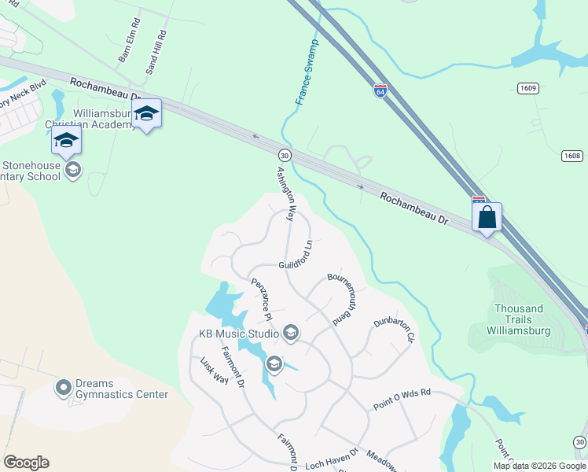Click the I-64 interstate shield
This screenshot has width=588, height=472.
(380, 91)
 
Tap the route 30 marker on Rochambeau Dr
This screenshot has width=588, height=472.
(285, 154)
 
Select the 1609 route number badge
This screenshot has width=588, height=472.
(528, 88)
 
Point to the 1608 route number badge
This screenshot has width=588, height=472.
(572, 156)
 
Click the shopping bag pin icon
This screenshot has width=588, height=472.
(487, 216)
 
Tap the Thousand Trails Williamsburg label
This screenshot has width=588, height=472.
(519, 315)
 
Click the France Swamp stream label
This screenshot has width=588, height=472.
(307, 72)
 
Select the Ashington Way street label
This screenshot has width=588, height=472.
(285, 192)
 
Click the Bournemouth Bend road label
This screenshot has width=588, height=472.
(343, 297)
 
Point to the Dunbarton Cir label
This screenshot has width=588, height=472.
(393, 328)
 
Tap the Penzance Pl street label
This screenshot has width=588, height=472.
(261, 298)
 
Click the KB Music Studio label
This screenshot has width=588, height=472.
(239, 334)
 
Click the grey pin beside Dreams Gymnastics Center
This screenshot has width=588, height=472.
(64, 388)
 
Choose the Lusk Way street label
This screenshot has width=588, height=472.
(214, 369)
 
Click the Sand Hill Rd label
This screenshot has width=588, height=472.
(156, 53)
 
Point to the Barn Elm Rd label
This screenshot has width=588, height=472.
(127, 47)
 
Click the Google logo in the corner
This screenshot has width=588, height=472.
(26, 463)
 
